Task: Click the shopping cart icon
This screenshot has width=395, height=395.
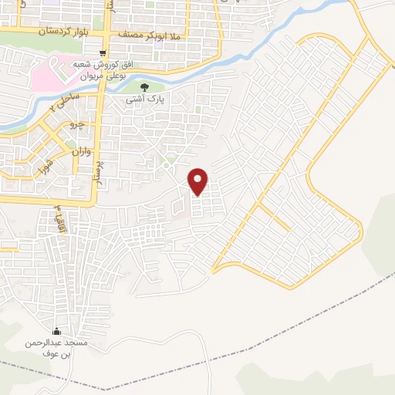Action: click(103, 53)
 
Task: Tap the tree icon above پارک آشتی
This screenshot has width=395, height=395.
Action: click(144, 87)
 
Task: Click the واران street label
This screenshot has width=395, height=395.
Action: click(82, 152)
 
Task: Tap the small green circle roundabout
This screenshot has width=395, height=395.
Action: click(166, 164)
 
